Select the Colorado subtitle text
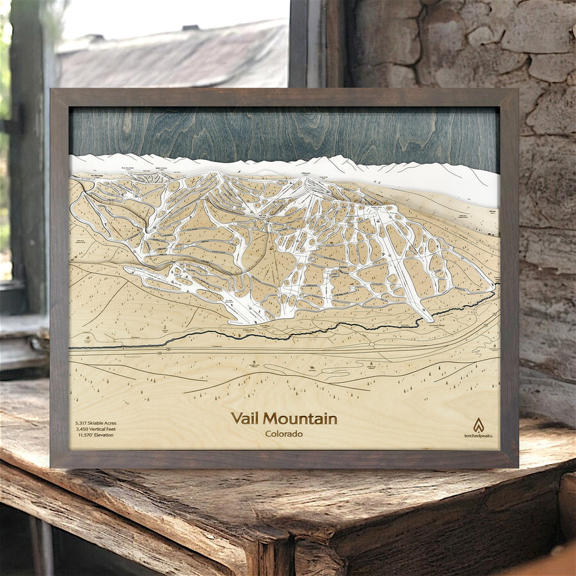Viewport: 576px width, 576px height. (284, 434)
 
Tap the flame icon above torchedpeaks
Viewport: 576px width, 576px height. (478, 424)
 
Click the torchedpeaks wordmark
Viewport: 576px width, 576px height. (478, 435)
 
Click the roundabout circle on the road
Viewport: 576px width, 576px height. (168, 350)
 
